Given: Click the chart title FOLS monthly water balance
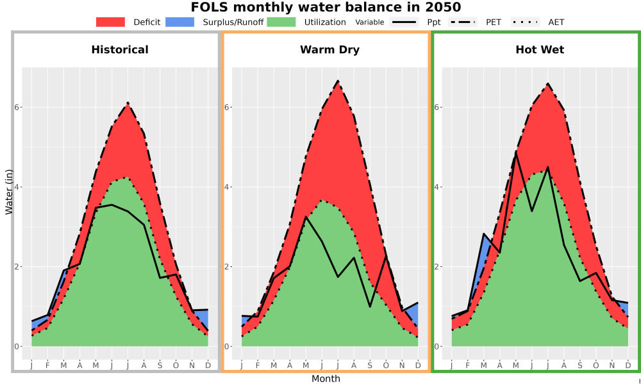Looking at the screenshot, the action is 326,7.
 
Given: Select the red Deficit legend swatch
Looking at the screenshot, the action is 110,22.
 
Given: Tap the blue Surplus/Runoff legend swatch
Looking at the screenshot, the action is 180,22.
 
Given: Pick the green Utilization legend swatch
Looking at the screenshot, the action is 281,22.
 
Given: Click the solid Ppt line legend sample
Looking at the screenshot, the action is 404,22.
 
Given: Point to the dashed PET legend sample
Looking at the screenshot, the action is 463,22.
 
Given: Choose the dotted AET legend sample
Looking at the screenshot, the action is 525,22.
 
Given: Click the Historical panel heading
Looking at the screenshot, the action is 120,50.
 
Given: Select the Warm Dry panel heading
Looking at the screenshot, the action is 329,50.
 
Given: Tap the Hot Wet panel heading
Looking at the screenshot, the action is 540,50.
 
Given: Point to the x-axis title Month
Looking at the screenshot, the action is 326,379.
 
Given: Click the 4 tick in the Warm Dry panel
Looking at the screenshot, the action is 228,187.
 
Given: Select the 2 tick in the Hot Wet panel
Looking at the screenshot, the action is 437,267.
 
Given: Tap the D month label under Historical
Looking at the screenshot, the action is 208,365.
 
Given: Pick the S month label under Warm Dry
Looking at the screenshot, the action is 370,365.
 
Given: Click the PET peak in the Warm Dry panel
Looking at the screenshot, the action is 338,81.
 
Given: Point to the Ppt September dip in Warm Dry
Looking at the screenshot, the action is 370,307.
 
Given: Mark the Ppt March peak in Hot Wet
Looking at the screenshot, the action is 483,234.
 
